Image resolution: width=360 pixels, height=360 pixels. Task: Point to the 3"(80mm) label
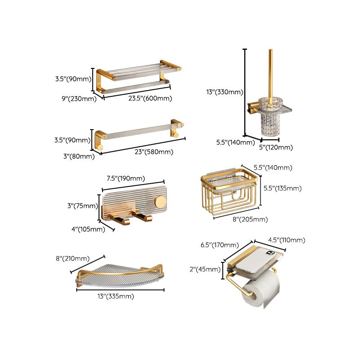79,156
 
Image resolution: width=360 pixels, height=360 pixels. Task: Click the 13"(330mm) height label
225,92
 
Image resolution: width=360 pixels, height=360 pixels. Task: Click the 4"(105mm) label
89,229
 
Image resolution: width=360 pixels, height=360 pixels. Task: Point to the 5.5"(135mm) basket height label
282,188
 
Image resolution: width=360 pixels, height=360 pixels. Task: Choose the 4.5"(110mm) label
286,240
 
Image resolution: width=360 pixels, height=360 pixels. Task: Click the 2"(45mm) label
205,269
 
